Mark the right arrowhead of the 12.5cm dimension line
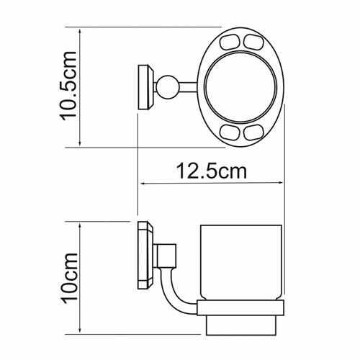tap(284, 185)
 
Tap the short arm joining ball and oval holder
tap(189, 88)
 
